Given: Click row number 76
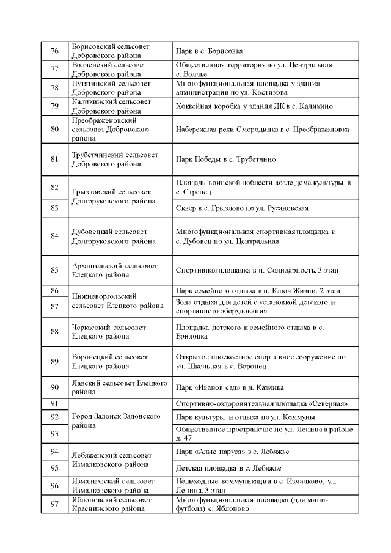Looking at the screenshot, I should click(x=54, y=51).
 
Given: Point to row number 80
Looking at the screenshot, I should click(x=54, y=130).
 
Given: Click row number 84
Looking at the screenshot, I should click(x=54, y=236).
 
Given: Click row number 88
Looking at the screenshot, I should click(x=54, y=332).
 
